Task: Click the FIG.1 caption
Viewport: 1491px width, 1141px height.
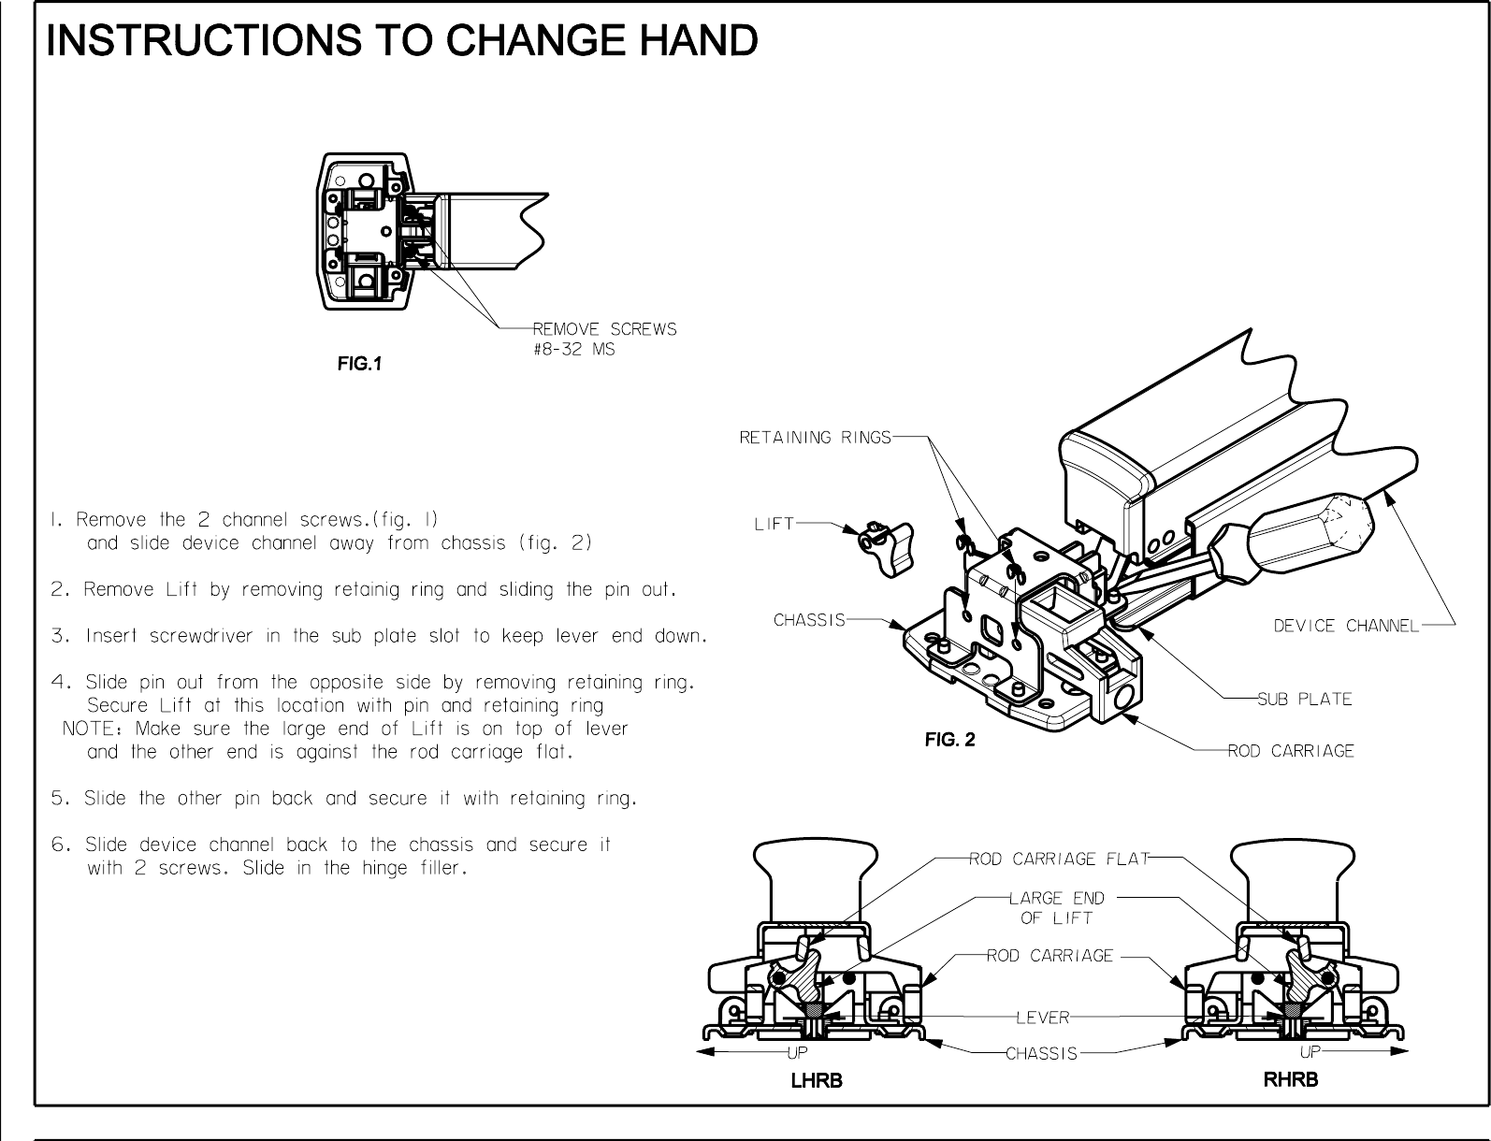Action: (x=359, y=365)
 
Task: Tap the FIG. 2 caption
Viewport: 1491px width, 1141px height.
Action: (x=949, y=741)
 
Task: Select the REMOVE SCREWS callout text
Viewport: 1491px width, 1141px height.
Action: (x=604, y=329)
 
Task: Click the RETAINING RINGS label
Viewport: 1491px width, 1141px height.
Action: (x=815, y=437)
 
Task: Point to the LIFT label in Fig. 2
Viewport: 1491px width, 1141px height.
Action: (x=774, y=525)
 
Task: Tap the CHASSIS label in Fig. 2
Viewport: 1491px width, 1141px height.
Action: (x=809, y=620)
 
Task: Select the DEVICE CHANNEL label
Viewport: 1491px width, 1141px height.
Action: (x=1346, y=626)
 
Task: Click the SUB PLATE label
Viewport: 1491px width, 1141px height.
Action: (x=1304, y=699)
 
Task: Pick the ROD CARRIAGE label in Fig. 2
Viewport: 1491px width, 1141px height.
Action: (x=1291, y=751)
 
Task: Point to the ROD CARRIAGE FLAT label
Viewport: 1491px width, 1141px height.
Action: (x=1058, y=859)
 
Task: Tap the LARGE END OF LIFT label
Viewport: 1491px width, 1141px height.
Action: (x=1057, y=907)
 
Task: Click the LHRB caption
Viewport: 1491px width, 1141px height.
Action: (x=817, y=1081)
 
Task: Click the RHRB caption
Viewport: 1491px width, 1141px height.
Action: (x=1291, y=1080)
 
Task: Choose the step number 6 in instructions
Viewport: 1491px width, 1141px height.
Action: (x=58, y=845)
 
